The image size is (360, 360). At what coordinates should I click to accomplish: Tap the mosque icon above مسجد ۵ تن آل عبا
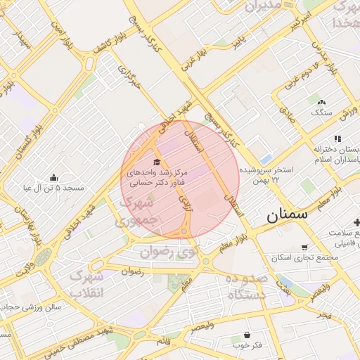coord(53,177)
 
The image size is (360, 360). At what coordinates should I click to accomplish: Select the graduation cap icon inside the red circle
coord(155,162)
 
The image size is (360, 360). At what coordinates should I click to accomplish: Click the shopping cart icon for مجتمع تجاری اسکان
coord(304,247)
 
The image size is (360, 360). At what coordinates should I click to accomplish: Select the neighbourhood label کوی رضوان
coord(171,250)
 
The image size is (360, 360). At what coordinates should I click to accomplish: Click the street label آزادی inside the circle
coord(186,205)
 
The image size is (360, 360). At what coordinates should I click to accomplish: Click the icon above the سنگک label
coord(321,102)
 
